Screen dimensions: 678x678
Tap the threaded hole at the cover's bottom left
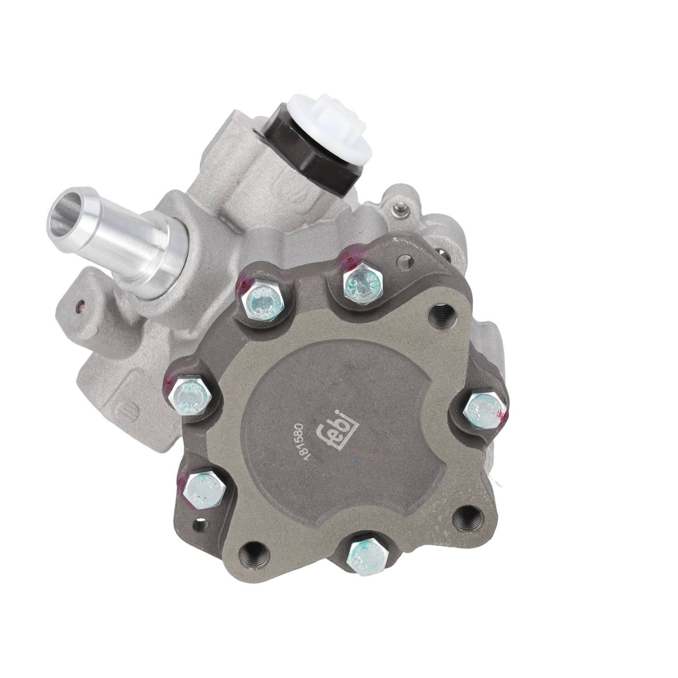point(249,551)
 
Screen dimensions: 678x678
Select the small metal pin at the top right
point(399,207)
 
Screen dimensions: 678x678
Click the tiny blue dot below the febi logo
point(357,461)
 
